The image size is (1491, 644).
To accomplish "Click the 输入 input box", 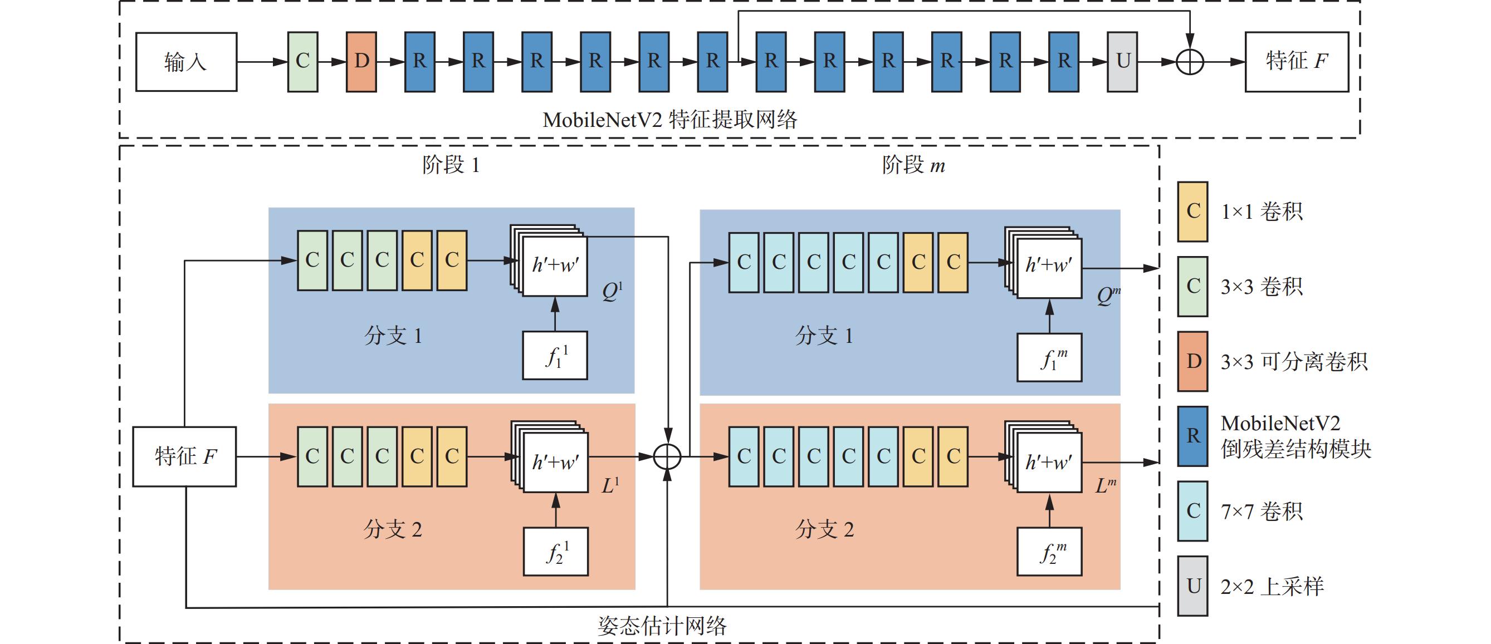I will point(186,61).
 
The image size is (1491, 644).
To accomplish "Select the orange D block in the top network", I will point(361,61).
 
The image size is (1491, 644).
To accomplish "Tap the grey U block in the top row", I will point(1122,61).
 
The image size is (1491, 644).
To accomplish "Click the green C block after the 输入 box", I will point(303,61).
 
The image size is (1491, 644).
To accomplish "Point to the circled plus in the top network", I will point(1190,62).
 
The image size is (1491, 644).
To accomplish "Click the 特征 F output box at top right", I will point(1297,61).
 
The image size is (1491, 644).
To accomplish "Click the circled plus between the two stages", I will point(667,456).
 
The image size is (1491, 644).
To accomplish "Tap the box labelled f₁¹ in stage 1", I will point(555,355).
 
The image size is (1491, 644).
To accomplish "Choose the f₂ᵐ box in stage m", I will point(1049,552).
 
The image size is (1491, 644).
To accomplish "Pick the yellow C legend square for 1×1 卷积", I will point(1192,211).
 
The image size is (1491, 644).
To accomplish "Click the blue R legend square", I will point(1192,436).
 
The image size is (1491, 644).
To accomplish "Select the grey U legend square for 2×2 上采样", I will point(1192,586).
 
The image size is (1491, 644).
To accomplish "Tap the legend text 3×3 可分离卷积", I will point(1294,362).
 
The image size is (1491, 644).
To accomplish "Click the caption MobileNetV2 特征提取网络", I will point(669,120).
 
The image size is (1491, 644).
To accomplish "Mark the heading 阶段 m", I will point(913,165).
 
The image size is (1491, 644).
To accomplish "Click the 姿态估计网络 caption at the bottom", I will point(662,626).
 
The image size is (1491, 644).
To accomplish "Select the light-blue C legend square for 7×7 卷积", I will point(1192,511).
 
